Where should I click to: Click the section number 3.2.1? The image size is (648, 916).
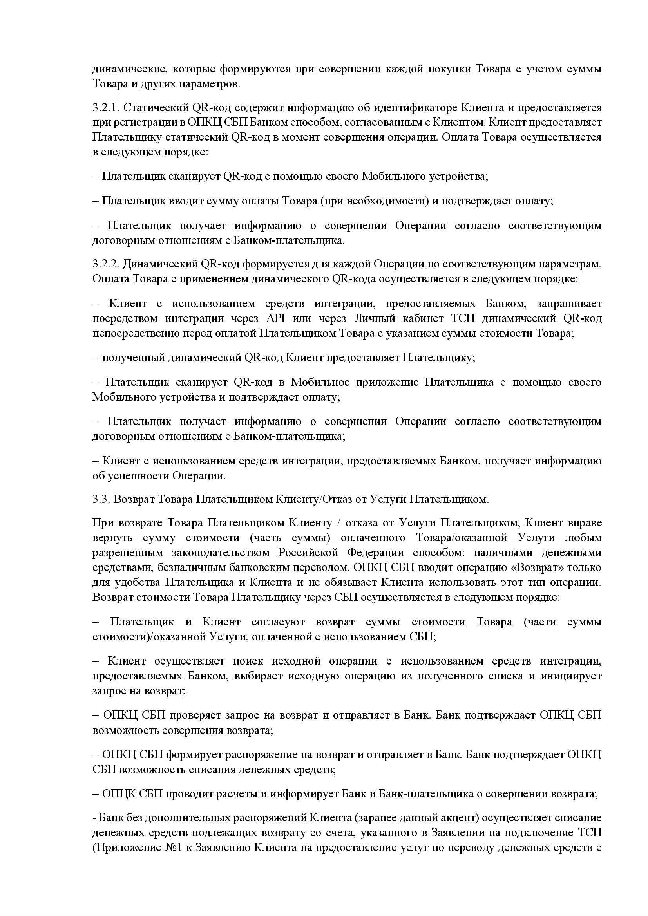click(106, 108)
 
